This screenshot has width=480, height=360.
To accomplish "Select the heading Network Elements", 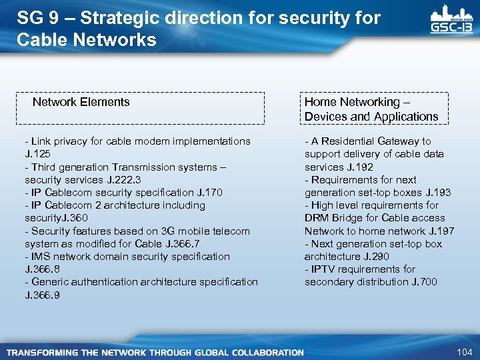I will [81, 102].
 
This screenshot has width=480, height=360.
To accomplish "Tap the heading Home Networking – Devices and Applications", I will [371, 109].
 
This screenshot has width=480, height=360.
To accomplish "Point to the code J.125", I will [37, 154].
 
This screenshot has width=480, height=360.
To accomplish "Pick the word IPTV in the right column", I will [323, 269].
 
